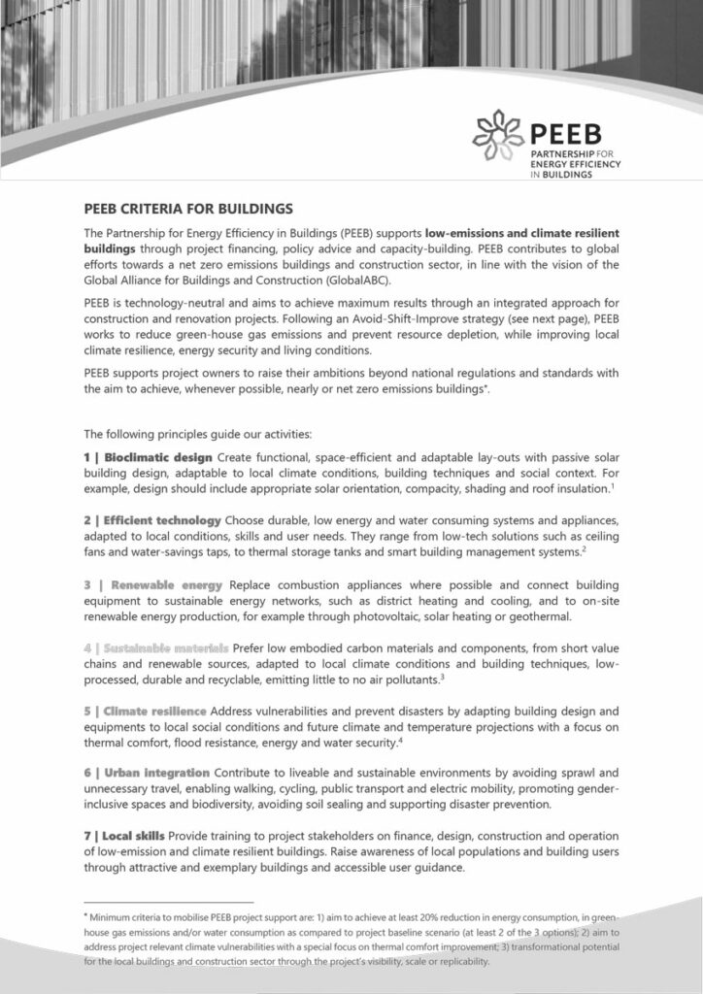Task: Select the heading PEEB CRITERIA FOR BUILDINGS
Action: (188, 208)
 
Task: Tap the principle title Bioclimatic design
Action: (159, 456)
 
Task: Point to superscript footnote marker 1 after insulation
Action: (614, 484)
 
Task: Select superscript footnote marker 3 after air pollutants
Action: (442, 675)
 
